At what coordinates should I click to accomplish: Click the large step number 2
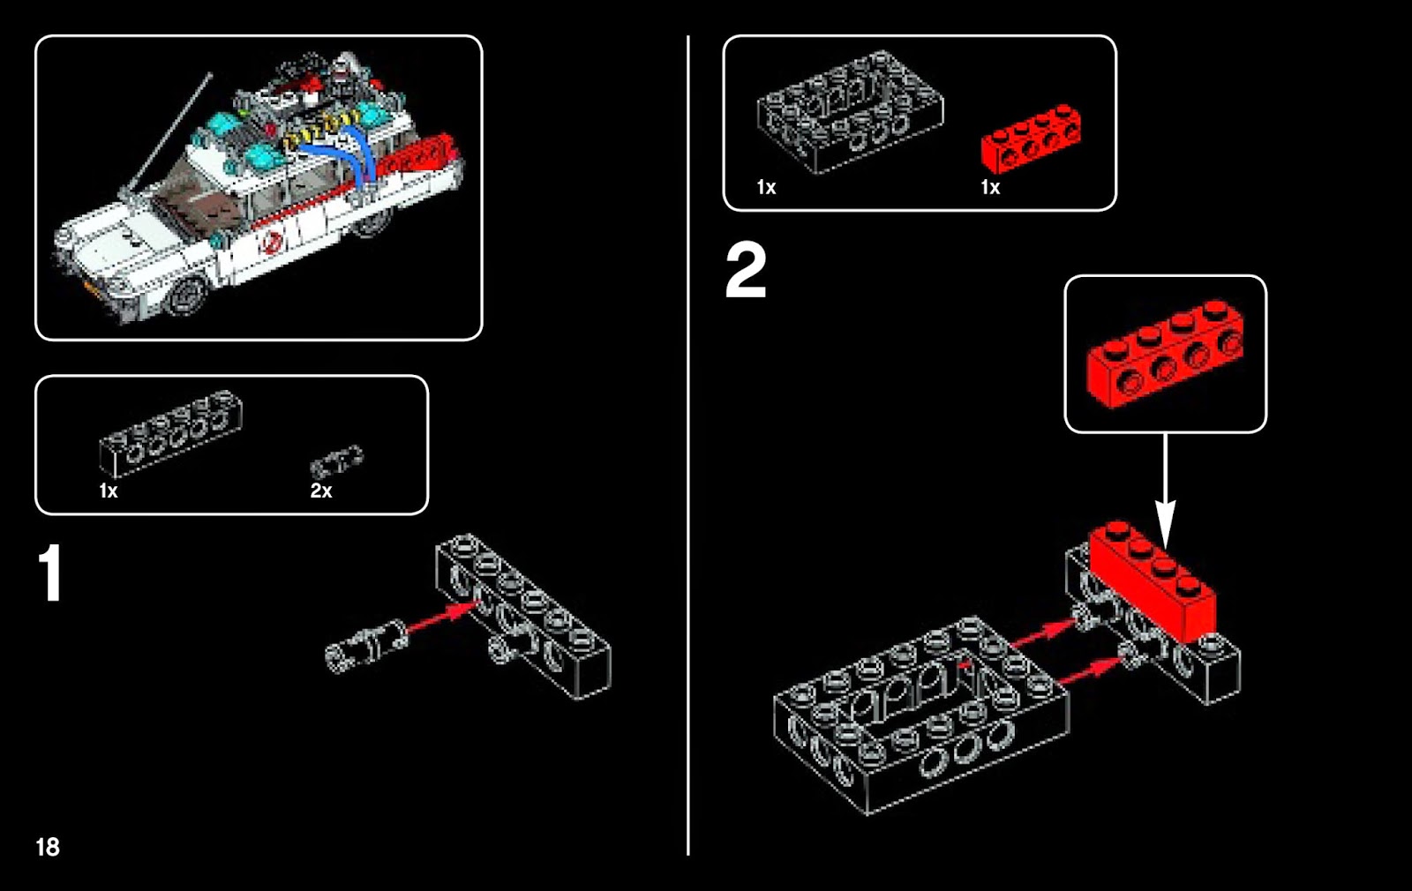746,272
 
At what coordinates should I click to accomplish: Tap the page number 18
48,847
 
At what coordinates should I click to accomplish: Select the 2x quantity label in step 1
320,490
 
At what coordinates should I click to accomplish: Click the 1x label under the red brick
990,187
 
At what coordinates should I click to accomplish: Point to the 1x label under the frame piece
766,187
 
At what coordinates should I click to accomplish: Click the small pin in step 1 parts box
336,461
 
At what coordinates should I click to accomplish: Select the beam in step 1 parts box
170,432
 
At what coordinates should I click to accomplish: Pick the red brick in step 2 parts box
1030,139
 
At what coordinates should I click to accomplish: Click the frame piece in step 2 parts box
849,113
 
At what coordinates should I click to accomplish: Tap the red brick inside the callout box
1165,353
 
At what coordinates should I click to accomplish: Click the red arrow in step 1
441,615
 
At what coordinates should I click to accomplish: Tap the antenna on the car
168,132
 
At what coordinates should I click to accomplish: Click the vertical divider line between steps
687,441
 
